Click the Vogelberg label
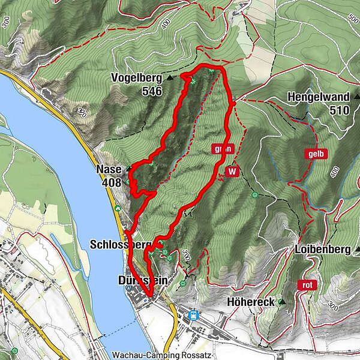137,78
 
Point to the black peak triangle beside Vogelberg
169,78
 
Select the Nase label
109,170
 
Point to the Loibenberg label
323,250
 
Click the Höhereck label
250,302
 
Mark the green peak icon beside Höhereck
280,302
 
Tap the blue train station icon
193,314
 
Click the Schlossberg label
119,245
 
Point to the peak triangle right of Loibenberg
357,249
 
